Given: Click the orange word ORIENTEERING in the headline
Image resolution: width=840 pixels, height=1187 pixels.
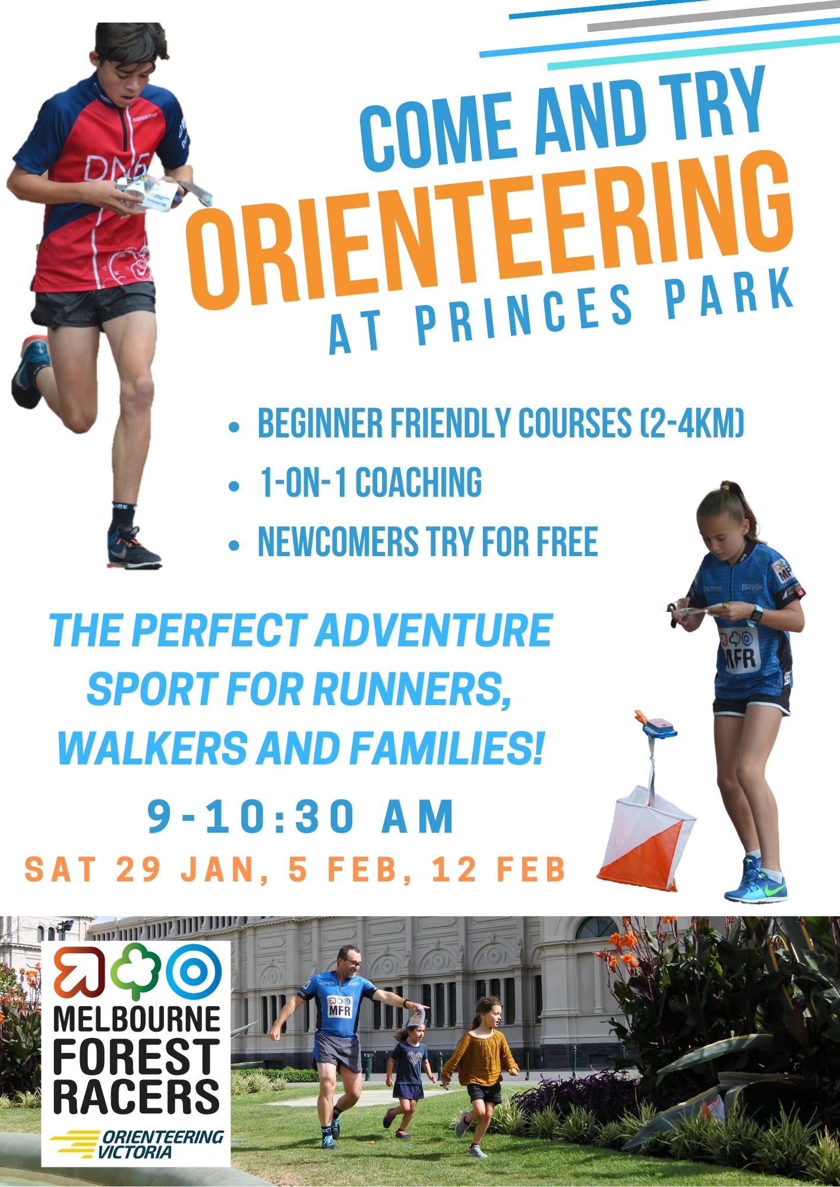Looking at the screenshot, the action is pyautogui.click(x=490, y=237).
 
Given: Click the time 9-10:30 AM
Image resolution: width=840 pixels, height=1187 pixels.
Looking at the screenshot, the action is pyautogui.click(x=301, y=817).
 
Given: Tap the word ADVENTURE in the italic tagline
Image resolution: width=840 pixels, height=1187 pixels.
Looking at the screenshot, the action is pyautogui.click(x=432, y=630).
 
